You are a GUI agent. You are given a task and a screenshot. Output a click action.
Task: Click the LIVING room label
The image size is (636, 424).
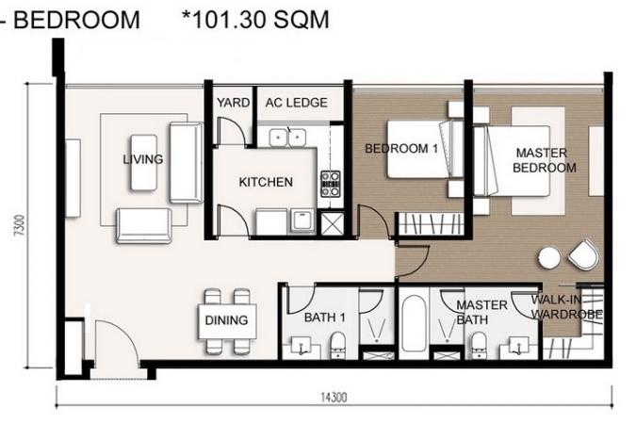coord(143,158)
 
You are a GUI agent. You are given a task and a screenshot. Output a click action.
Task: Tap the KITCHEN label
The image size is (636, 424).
coord(266,182)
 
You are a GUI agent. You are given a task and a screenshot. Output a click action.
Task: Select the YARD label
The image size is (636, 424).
coord(233,103)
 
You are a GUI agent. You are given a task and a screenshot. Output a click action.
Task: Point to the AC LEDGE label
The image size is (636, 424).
coord(296,103)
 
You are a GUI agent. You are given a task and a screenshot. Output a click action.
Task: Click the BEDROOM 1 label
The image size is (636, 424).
coord(401,149)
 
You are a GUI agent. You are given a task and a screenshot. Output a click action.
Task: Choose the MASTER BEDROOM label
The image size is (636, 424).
coord(544,160)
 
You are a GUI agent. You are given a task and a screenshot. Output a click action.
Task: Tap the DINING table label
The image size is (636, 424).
coord(226,320)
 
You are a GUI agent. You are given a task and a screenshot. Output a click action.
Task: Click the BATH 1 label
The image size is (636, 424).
coord(324,318)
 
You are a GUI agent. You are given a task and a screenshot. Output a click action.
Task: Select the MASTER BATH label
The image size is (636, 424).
coord(481,312)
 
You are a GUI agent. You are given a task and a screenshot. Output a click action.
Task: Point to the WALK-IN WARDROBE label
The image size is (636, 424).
coord(566,307)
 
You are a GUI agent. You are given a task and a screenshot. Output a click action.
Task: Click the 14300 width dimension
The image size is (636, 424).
coord(334,397)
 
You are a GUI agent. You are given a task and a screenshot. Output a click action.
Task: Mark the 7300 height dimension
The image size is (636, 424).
coord(20,225)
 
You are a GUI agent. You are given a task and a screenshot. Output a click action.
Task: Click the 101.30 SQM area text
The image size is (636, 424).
coord(255,19)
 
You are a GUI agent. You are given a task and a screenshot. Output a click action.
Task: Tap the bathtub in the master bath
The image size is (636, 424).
coord(414,323)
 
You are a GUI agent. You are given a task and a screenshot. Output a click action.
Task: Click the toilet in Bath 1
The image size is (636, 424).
coord(337,345)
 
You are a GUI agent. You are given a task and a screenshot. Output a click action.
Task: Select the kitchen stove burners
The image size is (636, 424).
coord(330,184)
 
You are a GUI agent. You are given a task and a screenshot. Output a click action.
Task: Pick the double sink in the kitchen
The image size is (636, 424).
coord(287,138)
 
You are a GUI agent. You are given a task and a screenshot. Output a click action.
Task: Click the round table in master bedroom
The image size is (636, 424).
coord(549,258)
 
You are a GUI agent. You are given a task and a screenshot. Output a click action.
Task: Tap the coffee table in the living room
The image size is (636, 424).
coord(143,163)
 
